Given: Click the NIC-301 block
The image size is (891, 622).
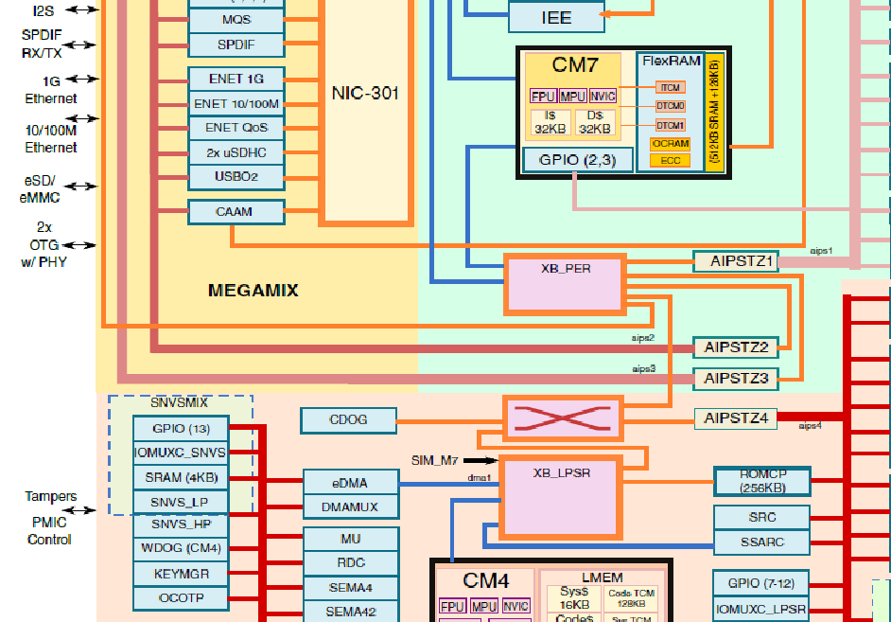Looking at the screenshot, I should tap(365, 93).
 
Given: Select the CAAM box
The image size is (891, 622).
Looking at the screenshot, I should tap(236, 211).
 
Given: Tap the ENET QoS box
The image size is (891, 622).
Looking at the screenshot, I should tap(236, 127).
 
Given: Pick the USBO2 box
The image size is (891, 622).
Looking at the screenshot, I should tap(236, 176).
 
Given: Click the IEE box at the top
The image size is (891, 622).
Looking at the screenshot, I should tap(556, 18).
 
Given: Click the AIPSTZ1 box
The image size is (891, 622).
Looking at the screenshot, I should tap(735, 261).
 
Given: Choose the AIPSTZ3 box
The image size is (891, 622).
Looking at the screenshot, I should tap(735, 379).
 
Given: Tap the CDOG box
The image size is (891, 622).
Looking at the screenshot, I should tap(347, 419).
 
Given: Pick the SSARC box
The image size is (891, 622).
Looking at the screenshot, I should tap(761, 543).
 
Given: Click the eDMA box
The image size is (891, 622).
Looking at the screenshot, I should tap(350, 483).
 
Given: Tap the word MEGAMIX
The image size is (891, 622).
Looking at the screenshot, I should tap(253, 291).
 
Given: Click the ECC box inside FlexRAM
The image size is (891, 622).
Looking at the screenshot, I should tap(670, 161).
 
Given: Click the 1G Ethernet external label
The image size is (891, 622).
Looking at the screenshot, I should tap(51, 90).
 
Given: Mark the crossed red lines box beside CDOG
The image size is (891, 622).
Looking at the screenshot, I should tap(562, 418).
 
